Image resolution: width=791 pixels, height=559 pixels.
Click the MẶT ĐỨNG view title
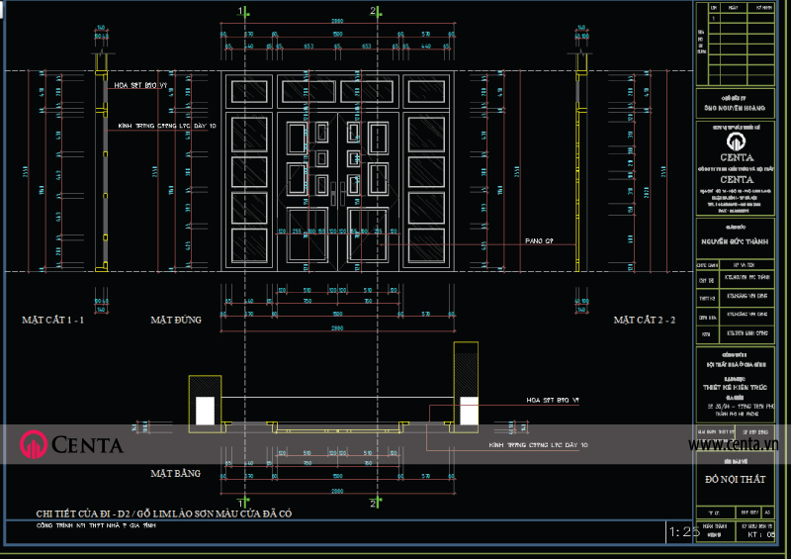(176, 321)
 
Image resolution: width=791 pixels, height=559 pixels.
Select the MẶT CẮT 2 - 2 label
(645, 321)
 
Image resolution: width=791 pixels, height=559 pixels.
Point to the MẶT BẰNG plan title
(175, 474)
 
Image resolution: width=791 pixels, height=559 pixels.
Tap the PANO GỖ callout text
(539, 241)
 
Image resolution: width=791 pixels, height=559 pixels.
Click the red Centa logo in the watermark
(35, 445)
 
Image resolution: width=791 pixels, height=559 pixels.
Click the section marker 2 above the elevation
(373, 11)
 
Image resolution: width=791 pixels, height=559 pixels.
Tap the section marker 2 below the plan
(373, 504)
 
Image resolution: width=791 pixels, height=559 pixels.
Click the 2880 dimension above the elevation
(337, 20)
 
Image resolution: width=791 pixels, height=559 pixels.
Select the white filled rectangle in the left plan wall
(205, 411)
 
